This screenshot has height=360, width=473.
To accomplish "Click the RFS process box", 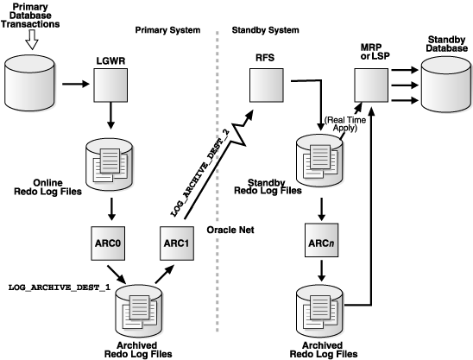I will pyautogui.click(x=264, y=85).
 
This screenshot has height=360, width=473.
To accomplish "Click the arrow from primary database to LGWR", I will pyautogui.click(x=73, y=85).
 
